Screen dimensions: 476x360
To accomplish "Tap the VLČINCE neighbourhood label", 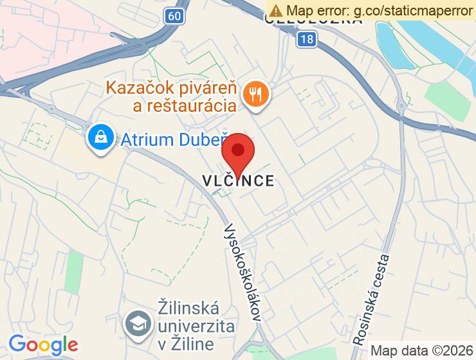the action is tap(239, 181).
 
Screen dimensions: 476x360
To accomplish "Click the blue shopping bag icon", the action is tap(101, 136).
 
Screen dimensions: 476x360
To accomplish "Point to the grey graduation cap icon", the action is tap(138, 322).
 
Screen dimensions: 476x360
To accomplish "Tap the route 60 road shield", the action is tap(172, 15).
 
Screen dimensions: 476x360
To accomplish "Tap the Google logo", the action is tap(43, 345).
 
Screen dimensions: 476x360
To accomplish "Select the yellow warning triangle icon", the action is tap(276, 10).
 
